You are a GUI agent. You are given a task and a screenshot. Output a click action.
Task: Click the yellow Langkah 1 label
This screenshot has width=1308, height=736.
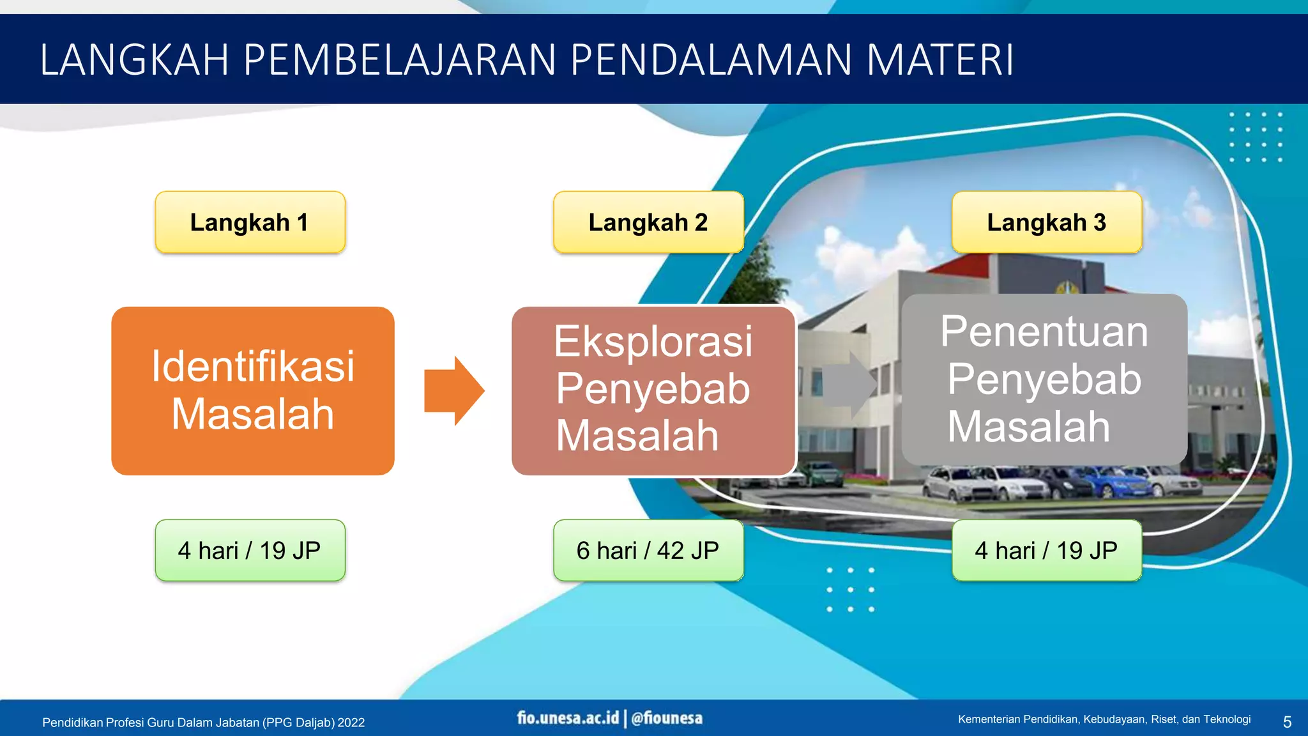click(250, 222)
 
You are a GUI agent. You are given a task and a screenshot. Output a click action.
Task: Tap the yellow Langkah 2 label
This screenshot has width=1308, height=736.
click(648, 222)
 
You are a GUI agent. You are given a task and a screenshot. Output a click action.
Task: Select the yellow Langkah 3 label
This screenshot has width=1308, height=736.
click(1046, 222)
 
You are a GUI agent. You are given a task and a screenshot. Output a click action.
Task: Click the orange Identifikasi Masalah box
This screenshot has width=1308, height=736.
click(253, 391)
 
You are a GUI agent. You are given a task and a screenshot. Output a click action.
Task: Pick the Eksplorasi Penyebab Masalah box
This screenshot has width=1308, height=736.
click(653, 390)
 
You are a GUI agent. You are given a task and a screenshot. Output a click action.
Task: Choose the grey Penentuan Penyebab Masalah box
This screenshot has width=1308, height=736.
click(1044, 379)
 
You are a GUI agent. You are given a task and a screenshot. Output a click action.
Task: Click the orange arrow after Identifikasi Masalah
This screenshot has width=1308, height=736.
click(454, 391)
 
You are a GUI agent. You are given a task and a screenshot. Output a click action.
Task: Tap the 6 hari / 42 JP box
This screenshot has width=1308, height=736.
click(648, 550)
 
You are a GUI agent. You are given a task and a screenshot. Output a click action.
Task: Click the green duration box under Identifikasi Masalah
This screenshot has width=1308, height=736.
click(250, 550)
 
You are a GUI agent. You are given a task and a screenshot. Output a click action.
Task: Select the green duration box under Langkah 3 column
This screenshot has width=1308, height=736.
click(1046, 550)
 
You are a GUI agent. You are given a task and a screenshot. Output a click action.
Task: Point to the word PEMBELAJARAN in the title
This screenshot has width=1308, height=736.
click(400, 60)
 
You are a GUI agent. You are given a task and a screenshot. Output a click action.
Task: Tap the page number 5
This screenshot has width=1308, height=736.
click(1287, 722)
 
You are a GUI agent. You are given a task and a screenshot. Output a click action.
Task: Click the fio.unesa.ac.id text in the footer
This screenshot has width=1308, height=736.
click(568, 718)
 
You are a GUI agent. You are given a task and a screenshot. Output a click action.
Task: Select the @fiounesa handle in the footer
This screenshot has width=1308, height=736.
click(667, 718)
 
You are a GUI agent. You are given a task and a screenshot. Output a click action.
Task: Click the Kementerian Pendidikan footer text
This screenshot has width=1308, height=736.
click(1104, 719)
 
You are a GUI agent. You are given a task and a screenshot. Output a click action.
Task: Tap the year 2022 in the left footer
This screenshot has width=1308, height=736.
click(351, 723)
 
